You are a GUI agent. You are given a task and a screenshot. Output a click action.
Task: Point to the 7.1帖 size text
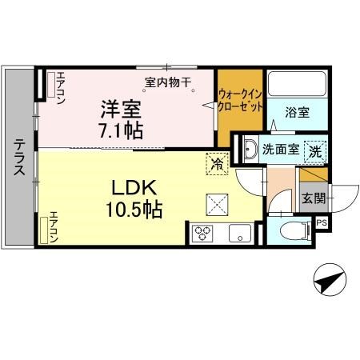(x=122, y=129)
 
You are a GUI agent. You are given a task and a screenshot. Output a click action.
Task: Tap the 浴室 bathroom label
(x=298, y=113)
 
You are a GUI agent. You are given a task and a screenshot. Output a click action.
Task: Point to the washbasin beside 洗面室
(x=250, y=148)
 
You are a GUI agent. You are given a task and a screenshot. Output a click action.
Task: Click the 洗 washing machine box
(x=317, y=150)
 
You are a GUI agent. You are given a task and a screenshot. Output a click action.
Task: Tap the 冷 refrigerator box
(x=217, y=162)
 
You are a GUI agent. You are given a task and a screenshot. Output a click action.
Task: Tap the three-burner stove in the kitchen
(x=202, y=234)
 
